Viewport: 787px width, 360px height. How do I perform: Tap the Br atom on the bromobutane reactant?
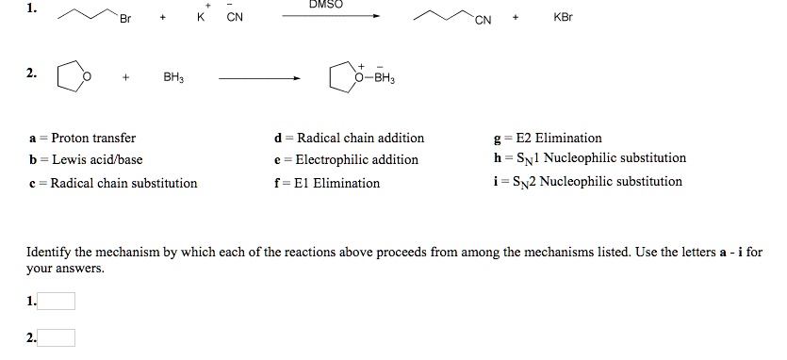tap(124, 20)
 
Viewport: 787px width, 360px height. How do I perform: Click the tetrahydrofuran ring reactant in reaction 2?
tap(73, 76)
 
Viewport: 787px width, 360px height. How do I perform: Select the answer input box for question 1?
tap(57, 302)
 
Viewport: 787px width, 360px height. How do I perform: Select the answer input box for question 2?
tap(57, 338)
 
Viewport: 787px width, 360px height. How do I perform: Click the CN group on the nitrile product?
tap(484, 20)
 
